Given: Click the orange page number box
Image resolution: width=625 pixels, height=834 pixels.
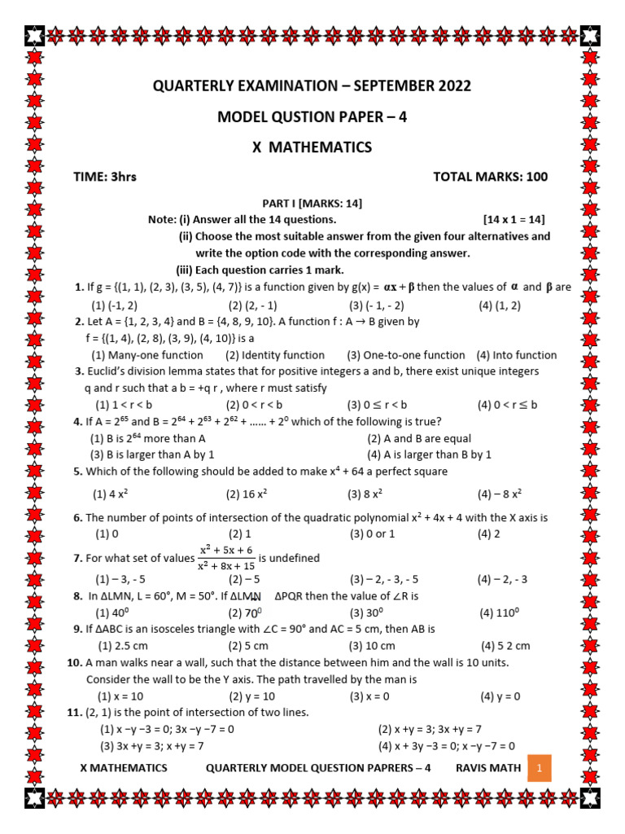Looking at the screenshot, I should pyautogui.click(x=540, y=768).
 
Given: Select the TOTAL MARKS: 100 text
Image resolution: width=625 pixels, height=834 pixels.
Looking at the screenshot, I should pyautogui.click(x=490, y=177).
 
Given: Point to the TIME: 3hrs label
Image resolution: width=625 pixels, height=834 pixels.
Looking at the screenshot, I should pyautogui.click(x=106, y=177).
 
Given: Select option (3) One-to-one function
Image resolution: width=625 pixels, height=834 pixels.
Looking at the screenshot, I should pyautogui.click(x=405, y=355).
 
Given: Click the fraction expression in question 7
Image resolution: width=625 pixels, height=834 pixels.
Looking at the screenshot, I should pyautogui.click(x=227, y=558).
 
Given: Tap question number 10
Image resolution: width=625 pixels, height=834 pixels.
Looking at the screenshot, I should pyautogui.click(x=75, y=662).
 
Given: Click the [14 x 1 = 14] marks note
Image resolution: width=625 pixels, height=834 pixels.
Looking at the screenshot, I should pyautogui.click(x=514, y=220).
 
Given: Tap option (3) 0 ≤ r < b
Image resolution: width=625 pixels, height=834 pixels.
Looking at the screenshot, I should pyautogui.click(x=378, y=405).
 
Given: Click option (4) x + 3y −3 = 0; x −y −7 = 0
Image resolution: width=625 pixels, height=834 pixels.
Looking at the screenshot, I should pyautogui.click(x=446, y=745).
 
